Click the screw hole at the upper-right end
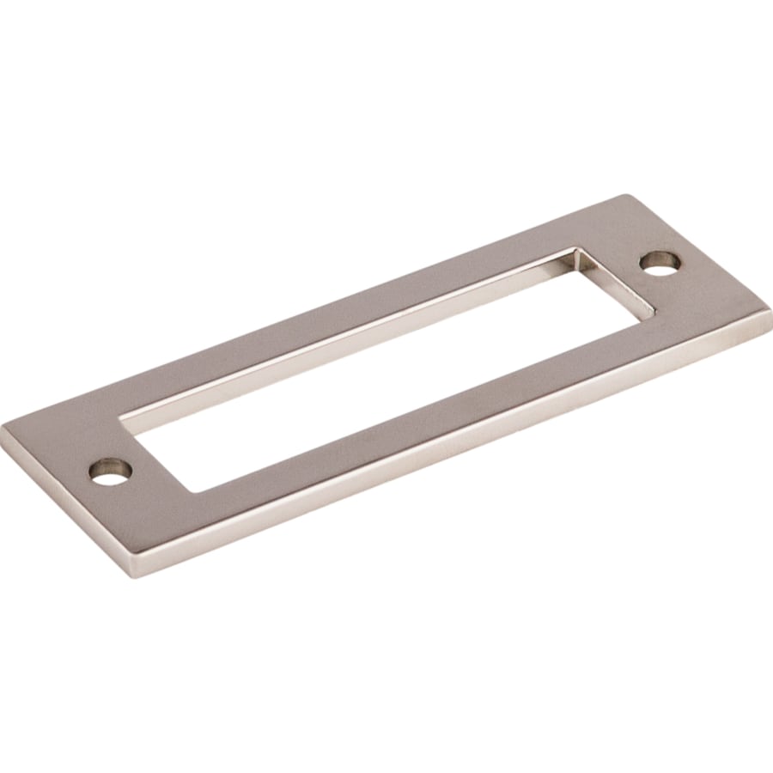point(660,264)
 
